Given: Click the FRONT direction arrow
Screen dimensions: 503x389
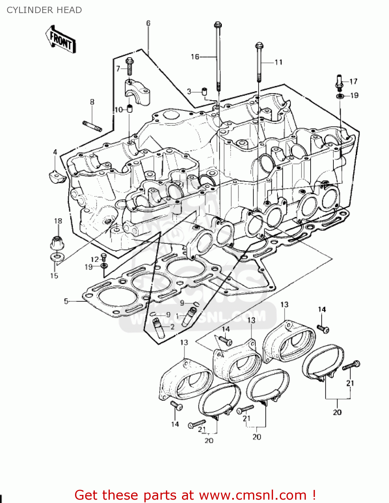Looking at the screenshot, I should [60, 40].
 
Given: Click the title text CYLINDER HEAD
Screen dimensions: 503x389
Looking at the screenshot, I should [44, 10].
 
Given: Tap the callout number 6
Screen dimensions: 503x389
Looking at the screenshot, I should [148, 23].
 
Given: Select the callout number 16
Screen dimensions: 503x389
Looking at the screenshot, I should [195, 57].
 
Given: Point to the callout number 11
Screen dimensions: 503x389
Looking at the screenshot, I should [278, 62].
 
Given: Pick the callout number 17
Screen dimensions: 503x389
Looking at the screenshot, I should [353, 81].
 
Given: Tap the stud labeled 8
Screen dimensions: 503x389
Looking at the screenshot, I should [92, 126].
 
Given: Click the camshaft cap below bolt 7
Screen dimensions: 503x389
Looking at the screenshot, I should [137, 91].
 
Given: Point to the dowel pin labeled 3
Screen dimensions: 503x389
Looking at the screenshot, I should [204, 91].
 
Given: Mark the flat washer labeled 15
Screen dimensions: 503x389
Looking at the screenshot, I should [57, 257].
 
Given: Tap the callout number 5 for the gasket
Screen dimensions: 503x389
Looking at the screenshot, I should [66, 301].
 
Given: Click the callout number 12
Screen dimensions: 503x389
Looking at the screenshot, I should [95, 259].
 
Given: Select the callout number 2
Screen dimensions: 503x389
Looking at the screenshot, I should [172, 327].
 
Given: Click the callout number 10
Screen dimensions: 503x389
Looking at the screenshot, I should [119, 110].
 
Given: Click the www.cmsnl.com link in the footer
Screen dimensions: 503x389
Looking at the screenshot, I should [253, 495].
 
